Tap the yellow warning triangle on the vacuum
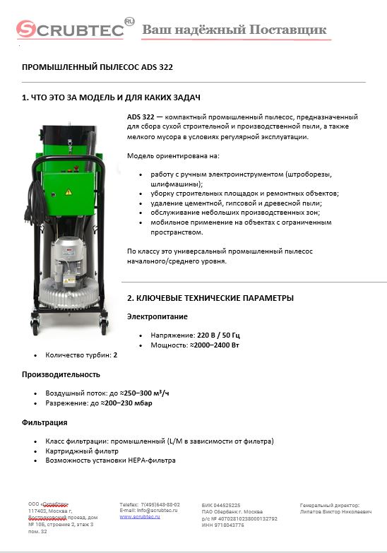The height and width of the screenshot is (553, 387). point(68,191)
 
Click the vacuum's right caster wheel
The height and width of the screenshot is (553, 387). point(105,326)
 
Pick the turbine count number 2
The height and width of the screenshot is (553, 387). point(115,355)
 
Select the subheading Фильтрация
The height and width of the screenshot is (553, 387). point(44,422)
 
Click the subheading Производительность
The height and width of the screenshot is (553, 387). point(61,374)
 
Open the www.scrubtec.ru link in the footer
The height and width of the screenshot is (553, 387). point(139,516)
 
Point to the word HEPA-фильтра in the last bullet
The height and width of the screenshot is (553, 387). point(150,460)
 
